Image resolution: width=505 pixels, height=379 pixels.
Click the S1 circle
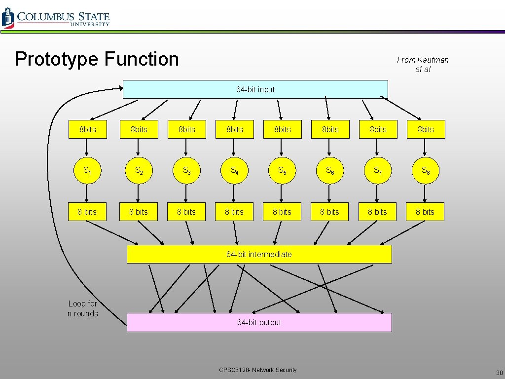coord(87,170)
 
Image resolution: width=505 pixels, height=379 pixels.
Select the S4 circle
coord(234,170)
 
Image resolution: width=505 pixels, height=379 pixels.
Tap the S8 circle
coord(425,170)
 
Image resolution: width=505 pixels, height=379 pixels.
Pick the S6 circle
coord(329,170)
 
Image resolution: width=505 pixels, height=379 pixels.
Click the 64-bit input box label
coord(255,89)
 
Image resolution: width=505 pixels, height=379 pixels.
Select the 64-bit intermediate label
coord(259,254)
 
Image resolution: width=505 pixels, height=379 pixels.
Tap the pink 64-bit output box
coord(259,322)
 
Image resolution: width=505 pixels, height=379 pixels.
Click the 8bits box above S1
coord(87,129)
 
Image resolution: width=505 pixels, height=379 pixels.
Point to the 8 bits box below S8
coord(425,212)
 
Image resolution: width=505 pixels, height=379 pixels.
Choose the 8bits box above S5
coord(282,129)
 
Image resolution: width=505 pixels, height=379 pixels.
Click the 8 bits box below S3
coord(186,212)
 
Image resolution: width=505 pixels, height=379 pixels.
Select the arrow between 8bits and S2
coord(138,147)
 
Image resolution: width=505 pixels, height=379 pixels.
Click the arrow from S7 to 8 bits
coord(377,193)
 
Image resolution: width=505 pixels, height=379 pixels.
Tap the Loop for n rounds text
coord(82,309)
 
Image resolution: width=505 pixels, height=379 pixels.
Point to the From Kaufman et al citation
coord(423,64)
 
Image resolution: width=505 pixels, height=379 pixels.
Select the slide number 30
coord(499,373)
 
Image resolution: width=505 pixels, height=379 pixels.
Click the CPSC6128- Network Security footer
coord(258,370)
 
